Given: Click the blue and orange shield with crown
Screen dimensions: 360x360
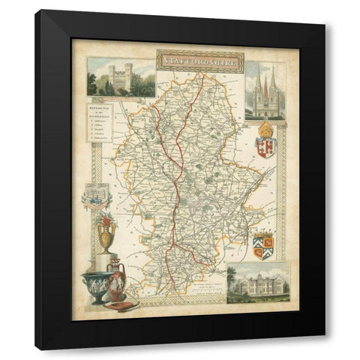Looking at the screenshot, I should [x=263, y=245].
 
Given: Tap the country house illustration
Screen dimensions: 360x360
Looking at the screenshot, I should [x=258, y=283].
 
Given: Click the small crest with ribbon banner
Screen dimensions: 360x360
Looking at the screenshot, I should [x=97, y=195].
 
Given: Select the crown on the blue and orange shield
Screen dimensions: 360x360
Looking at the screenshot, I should [x=263, y=235].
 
